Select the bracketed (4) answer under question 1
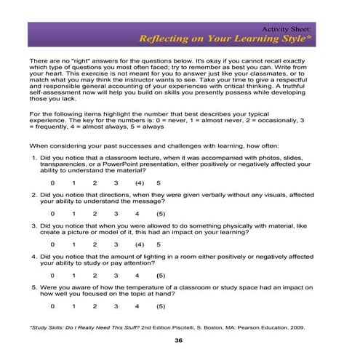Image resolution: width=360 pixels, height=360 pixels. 139,183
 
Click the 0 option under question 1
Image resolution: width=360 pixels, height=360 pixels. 52,183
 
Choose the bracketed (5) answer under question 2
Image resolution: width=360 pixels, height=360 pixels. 161,215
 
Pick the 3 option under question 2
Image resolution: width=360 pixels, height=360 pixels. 116,215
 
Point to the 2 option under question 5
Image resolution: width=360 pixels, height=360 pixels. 95,307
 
